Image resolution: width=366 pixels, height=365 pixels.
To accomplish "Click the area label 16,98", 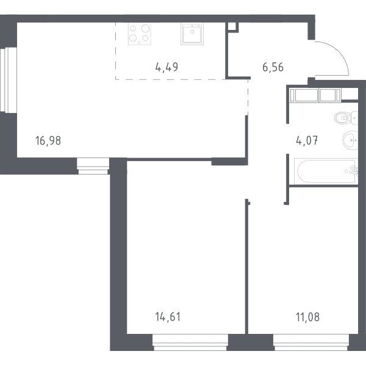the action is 48,140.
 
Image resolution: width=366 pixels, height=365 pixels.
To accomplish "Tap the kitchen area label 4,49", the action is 167,67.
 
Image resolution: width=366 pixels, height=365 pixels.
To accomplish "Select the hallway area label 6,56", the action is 273,67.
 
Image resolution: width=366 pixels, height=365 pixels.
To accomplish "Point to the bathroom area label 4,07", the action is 307,140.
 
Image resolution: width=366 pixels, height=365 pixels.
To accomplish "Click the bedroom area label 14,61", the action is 168,317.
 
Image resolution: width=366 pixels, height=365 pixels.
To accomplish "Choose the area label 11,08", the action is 307,317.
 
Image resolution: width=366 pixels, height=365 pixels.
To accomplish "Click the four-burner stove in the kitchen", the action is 140,34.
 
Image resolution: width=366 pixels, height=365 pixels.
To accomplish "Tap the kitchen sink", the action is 192,34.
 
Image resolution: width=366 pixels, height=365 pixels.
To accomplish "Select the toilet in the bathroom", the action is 346,118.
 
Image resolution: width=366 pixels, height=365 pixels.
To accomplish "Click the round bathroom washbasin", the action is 350,140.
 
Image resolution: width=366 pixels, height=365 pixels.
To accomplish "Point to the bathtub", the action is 326,172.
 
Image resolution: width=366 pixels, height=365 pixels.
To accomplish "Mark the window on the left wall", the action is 9,79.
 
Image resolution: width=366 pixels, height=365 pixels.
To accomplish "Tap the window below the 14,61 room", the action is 190,342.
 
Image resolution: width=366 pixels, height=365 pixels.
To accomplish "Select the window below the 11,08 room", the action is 311,342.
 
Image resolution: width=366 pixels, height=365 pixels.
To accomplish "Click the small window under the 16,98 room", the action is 93,166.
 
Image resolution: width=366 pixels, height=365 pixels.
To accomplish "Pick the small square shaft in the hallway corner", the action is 232,27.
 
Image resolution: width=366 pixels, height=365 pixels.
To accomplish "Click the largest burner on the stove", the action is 145,29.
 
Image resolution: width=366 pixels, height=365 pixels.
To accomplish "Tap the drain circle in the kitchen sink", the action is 192,32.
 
